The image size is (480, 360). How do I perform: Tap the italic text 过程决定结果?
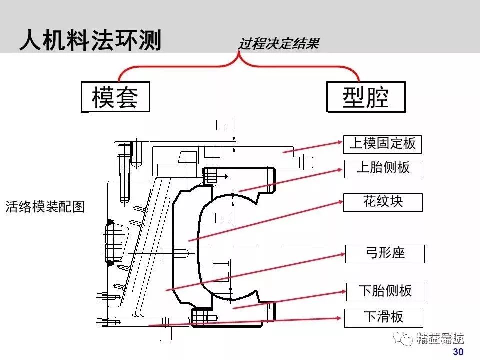[x=278, y=44]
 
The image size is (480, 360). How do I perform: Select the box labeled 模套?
[x=115, y=97]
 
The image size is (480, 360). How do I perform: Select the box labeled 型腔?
[x=366, y=97]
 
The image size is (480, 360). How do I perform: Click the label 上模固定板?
[x=382, y=144]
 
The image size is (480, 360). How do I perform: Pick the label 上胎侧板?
[x=383, y=168]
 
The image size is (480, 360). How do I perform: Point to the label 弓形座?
[x=384, y=253]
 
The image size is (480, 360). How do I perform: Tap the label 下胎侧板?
[x=385, y=291]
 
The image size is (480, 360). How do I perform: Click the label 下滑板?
[x=383, y=317]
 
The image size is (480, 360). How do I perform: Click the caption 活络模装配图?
[x=45, y=206]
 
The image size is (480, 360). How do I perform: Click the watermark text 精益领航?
[x=440, y=339]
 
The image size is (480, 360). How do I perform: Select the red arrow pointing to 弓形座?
[x=255, y=271]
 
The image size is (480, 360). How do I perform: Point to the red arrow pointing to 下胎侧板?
[x=290, y=299]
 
